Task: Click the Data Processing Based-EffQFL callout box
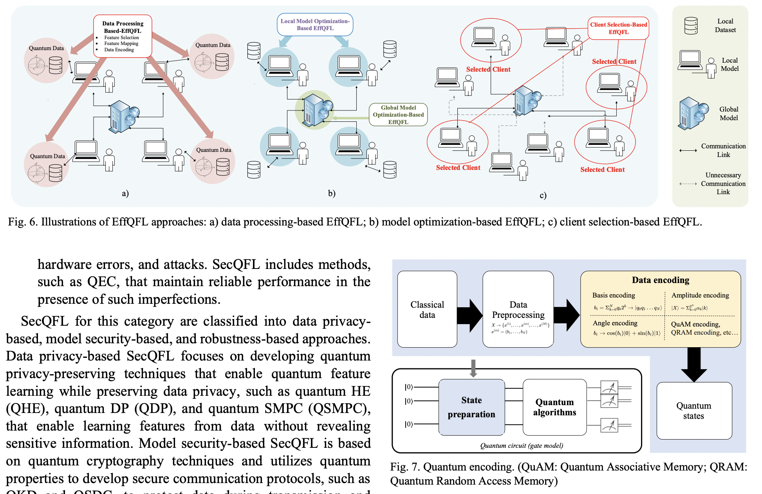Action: [x=123, y=36]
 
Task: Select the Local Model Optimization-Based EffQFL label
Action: [x=315, y=25]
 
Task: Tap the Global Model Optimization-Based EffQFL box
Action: [x=398, y=115]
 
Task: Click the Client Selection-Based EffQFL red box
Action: [x=618, y=28]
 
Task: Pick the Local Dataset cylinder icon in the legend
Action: [x=691, y=26]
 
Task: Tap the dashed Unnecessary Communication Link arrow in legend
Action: [x=688, y=184]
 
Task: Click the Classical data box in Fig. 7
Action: [x=427, y=309]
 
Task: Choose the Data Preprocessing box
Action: [x=518, y=309]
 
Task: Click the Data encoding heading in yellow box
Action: [x=660, y=280]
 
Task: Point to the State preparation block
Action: [x=471, y=407]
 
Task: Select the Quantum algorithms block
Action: [x=554, y=407]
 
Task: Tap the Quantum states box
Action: [x=693, y=411]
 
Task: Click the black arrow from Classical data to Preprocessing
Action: [x=469, y=316]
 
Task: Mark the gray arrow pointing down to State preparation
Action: [x=473, y=368]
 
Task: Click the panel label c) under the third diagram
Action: [x=543, y=195]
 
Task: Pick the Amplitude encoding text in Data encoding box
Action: [x=700, y=295]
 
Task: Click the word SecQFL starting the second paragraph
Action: [x=45, y=321]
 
